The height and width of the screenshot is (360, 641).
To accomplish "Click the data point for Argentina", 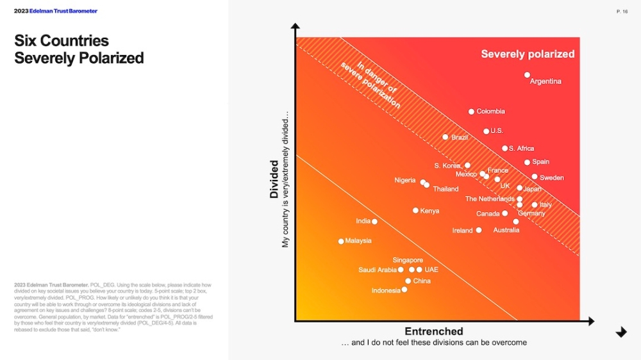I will [x=527, y=75].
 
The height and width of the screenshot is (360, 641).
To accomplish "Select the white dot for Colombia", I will [x=471, y=111].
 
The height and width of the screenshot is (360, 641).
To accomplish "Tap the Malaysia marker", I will [x=341, y=241].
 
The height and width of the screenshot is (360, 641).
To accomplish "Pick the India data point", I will [x=374, y=222].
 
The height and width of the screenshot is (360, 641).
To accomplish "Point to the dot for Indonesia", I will [x=404, y=290].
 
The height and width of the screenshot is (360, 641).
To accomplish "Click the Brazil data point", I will [x=445, y=137].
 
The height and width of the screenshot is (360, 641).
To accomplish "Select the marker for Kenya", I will [x=415, y=210].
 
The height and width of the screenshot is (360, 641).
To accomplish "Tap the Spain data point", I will [x=527, y=162].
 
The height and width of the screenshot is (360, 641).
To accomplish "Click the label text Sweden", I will [x=551, y=177].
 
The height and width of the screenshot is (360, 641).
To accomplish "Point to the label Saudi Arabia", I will [x=378, y=270].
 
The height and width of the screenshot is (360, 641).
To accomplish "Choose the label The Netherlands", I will [x=490, y=199].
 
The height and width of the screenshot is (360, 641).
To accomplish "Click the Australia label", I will [x=506, y=230].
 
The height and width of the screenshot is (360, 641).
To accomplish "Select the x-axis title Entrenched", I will [x=433, y=331].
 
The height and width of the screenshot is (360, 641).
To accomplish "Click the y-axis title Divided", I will [x=274, y=179].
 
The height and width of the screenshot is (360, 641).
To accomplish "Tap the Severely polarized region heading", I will [x=528, y=54].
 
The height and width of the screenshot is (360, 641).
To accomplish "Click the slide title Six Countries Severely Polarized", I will [x=79, y=49].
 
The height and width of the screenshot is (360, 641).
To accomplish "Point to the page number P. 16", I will [x=622, y=12].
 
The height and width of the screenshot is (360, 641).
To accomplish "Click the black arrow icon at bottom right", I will [x=620, y=332].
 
